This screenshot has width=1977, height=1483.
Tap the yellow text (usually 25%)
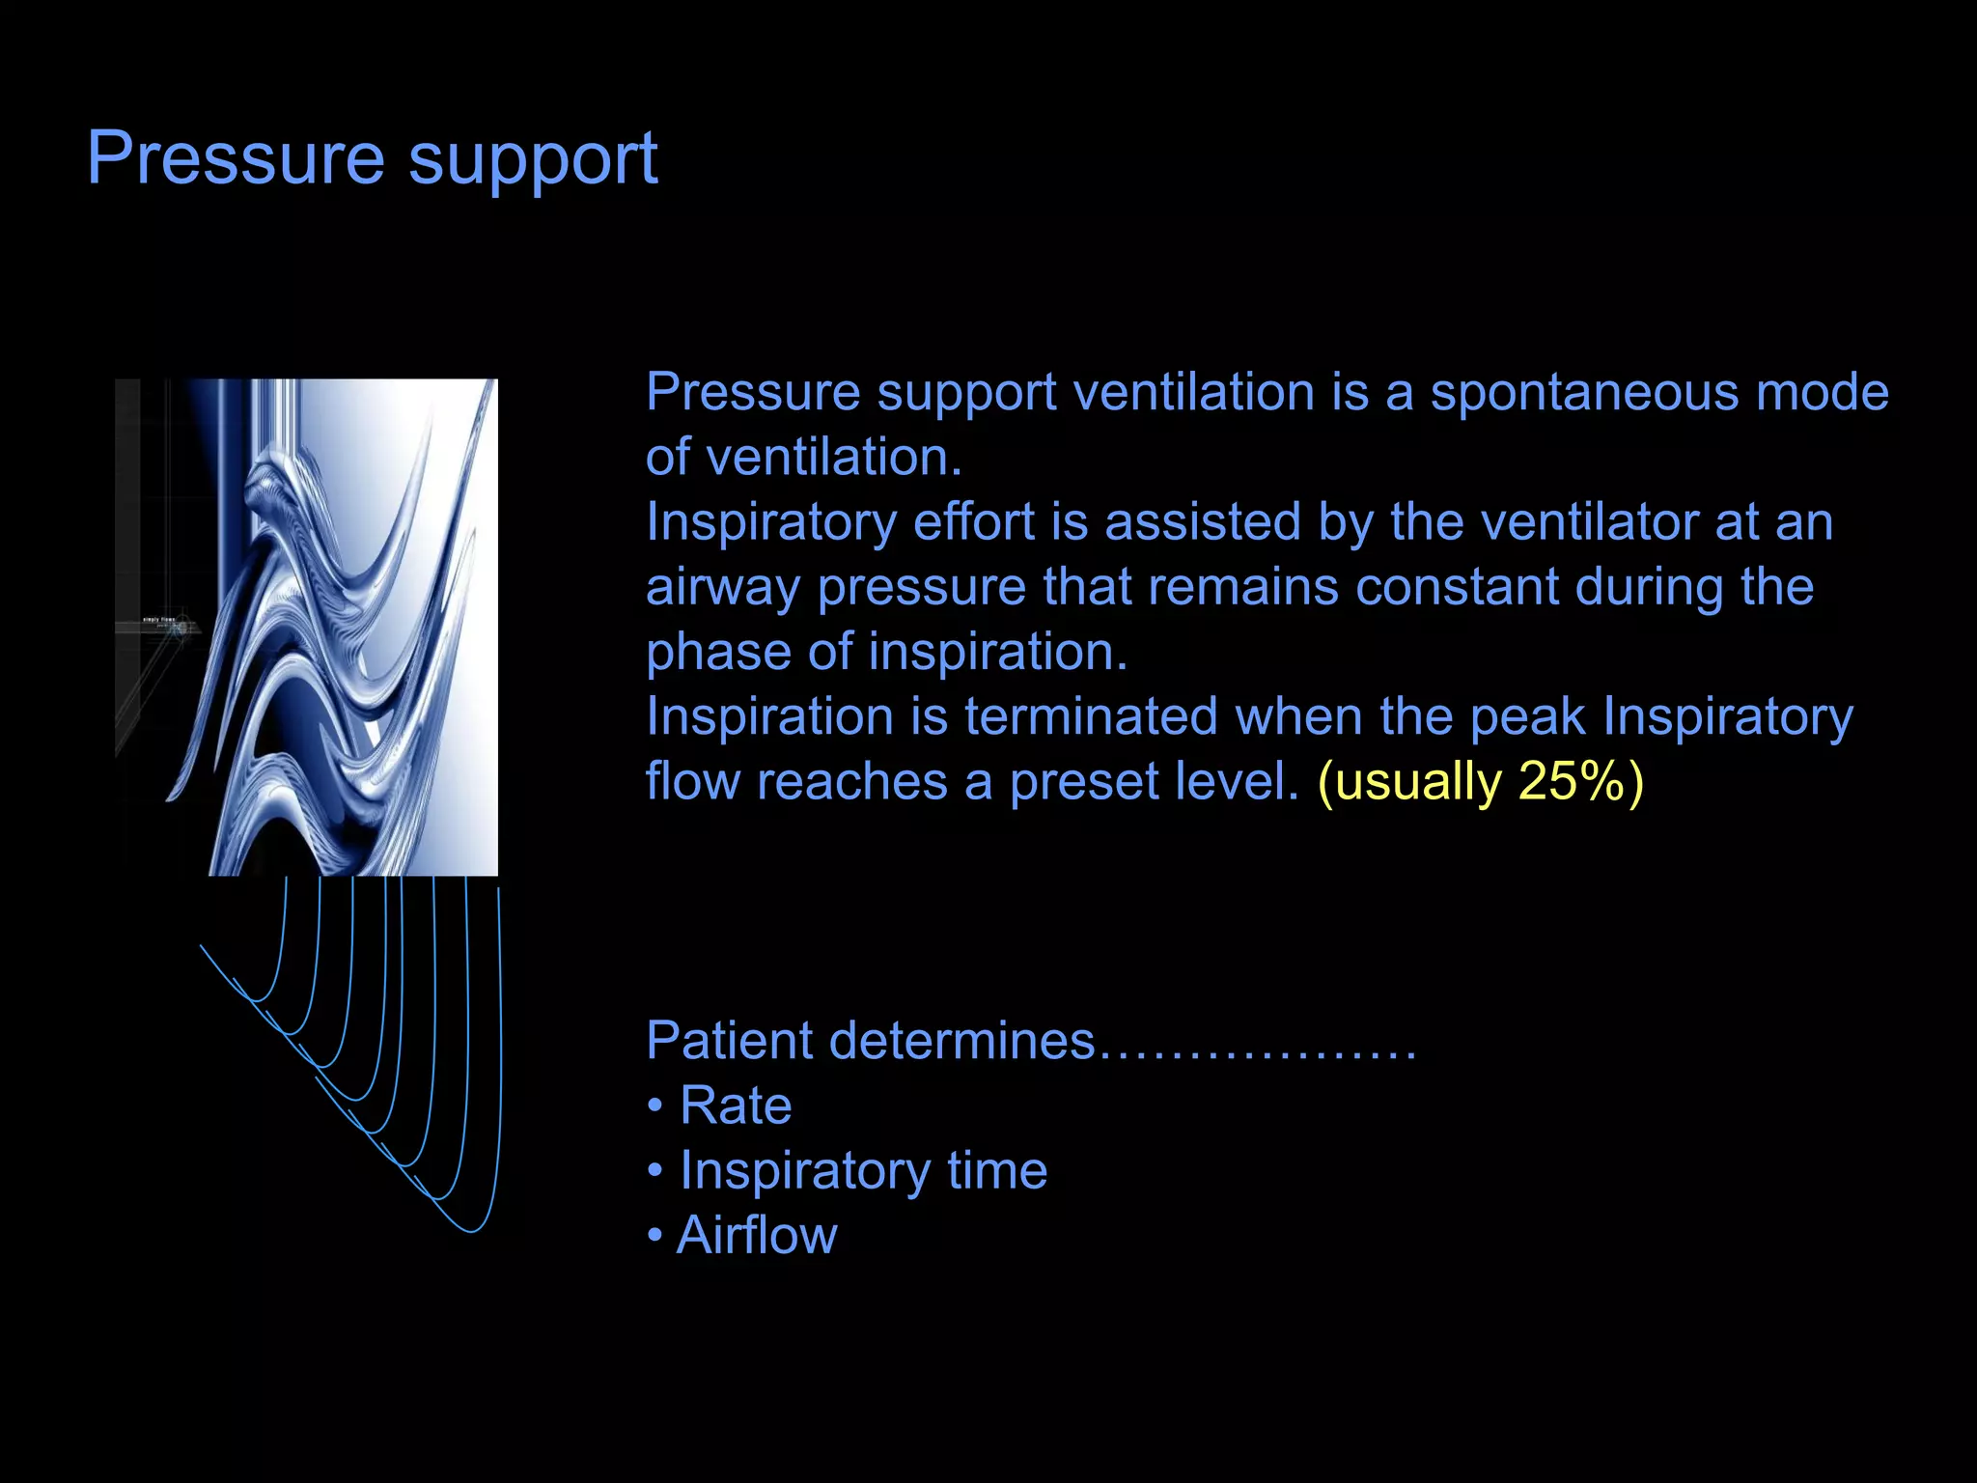(1480, 781)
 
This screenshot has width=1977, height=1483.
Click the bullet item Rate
(735, 1105)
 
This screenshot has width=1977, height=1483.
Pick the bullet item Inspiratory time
(863, 1171)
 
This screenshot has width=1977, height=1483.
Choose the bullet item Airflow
(757, 1235)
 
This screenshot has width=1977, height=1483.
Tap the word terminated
(1091, 716)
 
